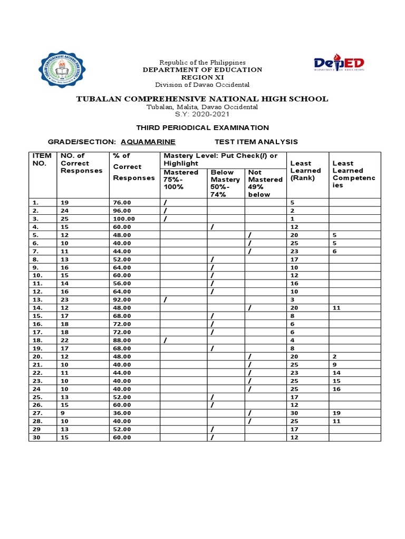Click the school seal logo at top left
coord(65,72)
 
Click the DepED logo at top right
coord(339,64)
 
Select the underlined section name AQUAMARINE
coord(148,142)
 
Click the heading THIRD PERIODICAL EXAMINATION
coord(202,127)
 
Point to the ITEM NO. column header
coord(42,159)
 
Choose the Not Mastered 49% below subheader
coord(265,183)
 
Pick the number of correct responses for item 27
coord(63,413)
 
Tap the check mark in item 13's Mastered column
coord(166,300)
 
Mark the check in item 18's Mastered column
coord(166,340)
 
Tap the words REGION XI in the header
coord(202,77)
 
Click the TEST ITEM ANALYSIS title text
coord(256,142)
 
